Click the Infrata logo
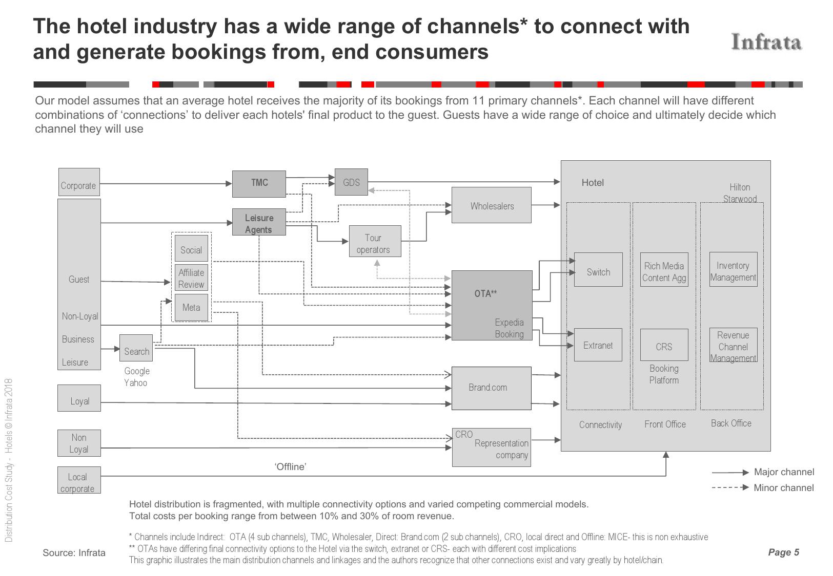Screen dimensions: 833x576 (766, 42)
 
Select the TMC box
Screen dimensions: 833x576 (259, 184)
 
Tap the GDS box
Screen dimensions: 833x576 (351, 182)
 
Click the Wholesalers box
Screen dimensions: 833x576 (491, 205)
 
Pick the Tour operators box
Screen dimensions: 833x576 (375, 241)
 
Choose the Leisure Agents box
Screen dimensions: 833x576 (259, 222)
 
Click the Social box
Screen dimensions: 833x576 (191, 248)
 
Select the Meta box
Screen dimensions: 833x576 (191, 307)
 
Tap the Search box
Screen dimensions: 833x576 (136, 348)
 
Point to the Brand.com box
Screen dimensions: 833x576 (491, 388)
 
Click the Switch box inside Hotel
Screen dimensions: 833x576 (598, 269)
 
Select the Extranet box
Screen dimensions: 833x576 (598, 345)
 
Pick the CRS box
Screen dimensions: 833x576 (664, 345)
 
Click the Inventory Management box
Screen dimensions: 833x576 (733, 269)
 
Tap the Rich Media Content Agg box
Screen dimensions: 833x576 (664, 269)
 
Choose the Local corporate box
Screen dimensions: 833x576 (79, 480)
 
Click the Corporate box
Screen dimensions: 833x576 (79, 182)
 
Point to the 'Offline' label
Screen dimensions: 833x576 (291, 466)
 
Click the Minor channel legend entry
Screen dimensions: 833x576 (762, 487)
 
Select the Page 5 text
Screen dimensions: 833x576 (783, 552)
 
